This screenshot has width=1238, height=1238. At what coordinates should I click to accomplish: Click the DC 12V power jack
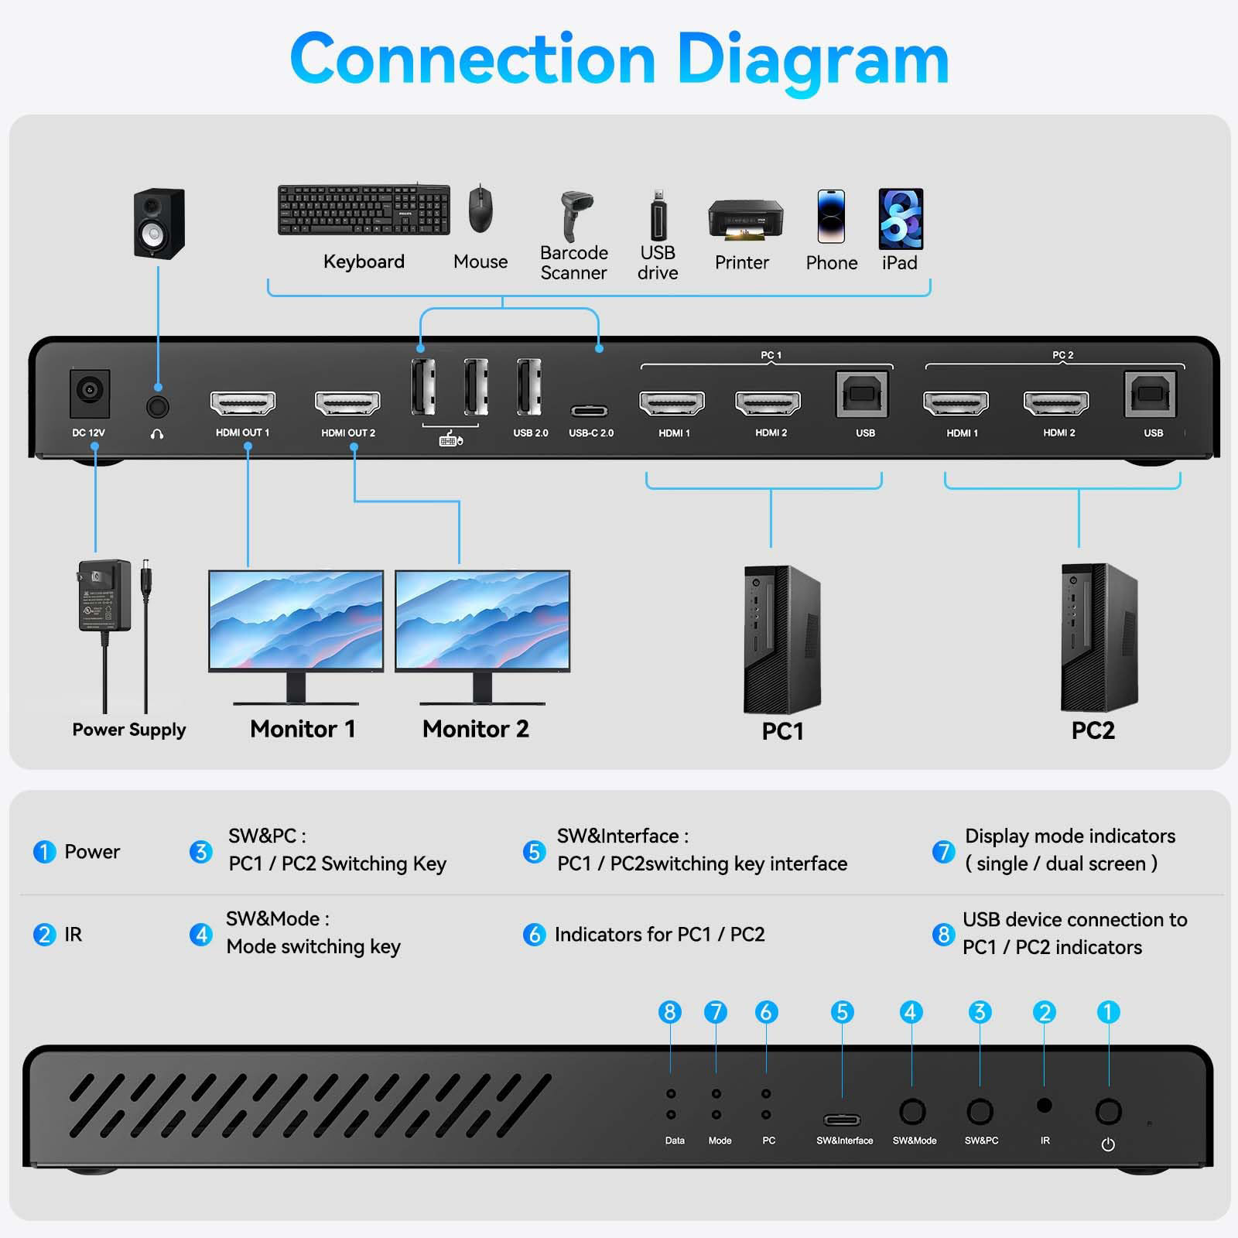click(90, 393)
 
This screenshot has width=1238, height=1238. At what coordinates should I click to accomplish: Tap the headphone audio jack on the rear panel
click(157, 406)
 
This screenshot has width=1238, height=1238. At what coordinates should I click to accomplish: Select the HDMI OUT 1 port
click(243, 403)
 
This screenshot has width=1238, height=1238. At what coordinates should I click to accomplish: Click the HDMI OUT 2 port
click(347, 403)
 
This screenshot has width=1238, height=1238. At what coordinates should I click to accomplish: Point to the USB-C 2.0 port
click(590, 411)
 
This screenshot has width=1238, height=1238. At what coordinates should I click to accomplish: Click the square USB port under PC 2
click(1151, 395)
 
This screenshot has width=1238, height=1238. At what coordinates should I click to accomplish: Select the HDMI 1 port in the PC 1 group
click(672, 403)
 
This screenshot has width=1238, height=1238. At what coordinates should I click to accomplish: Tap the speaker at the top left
click(159, 223)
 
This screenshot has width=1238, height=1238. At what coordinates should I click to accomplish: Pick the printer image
click(744, 220)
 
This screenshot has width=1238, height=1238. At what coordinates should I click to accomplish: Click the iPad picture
click(901, 219)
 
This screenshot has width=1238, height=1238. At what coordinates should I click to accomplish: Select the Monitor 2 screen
click(483, 621)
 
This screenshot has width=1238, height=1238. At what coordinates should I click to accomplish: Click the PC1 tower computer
click(781, 639)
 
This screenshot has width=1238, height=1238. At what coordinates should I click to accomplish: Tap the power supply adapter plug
click(104, 597)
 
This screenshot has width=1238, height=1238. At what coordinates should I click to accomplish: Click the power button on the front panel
click(1108, 1112)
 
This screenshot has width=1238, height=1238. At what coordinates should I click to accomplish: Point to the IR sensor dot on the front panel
click(1044, 1106)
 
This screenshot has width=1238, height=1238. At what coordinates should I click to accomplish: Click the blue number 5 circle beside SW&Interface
click(534, 852)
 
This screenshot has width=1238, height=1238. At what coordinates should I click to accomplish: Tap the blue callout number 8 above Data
click(670, 1012)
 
